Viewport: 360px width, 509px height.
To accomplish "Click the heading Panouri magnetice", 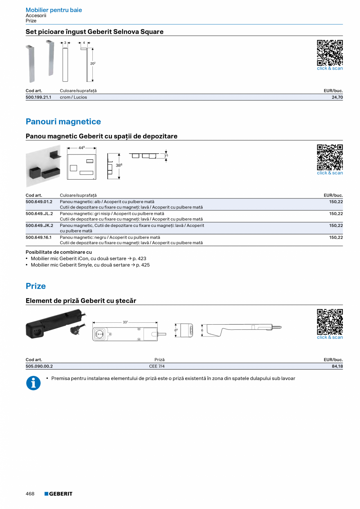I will pyautogui.click(x=63, y=122).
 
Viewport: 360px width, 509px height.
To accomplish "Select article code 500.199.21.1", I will pyautogui.click(x=38, y=97).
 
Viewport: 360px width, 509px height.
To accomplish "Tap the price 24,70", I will pyautogui.click(x=337, y=97).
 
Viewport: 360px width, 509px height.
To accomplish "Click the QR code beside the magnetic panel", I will pyautogui.click(x=329, y=157).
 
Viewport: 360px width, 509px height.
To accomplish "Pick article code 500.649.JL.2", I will pyautogui.click(x=39, y=214).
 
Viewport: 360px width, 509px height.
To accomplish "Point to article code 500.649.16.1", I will pyautogui.click(x=38, y=237).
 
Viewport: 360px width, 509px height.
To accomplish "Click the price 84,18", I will pyautogui.click(x=337, y=366).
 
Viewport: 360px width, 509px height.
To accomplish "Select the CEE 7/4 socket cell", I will pyautogui.click(x=159, y=366).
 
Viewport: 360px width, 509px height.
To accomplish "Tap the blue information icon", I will pyautogui.click(x=33, y=383).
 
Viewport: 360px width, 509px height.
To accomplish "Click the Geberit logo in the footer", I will pyautogui.click(x=58, y=494).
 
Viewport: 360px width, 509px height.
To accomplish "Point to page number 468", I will pyautogui.click(x=30, y=494).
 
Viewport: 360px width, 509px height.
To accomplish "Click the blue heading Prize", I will pyautogui.click(x=36, y=286).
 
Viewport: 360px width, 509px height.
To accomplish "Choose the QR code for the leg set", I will pyautogui.click(x=329, y=53).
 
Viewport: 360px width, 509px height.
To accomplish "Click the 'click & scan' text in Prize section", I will pyautogui.click(x=329, y=337).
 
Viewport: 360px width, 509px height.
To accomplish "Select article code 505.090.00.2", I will pyautogui.click(x=39, y=366).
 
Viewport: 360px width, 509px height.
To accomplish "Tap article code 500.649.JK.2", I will pyautogui.click(x=39, y=225).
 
